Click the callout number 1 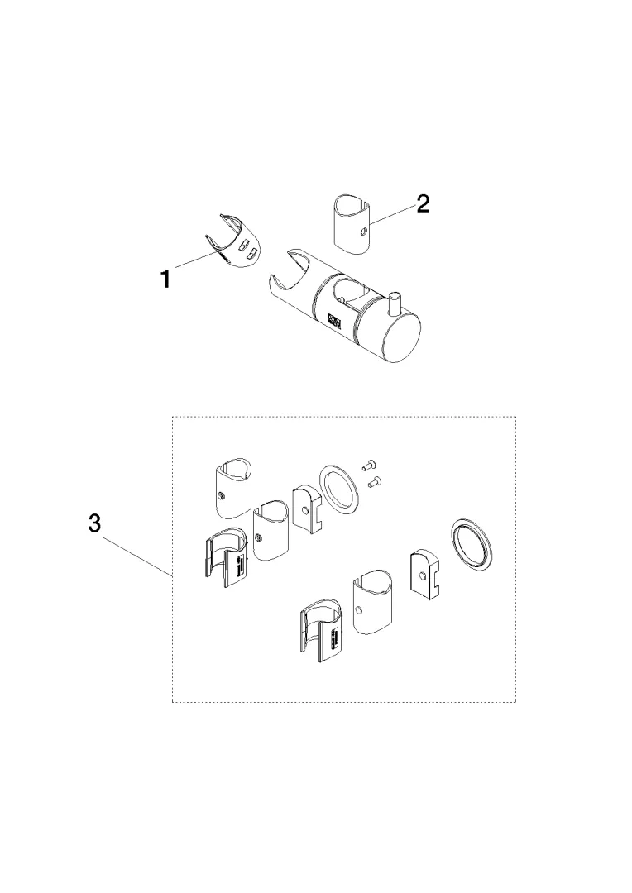click(x=165, y=279)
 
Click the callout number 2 click(x=422, y=203)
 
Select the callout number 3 click(x=94, y=523)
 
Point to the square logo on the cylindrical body click(x=334, y=322)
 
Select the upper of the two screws click(x=367, y=466)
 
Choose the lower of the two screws click(x=375, y=482)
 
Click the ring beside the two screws click(x=339, y=488)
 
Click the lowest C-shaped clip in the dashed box click(x=323, y=632)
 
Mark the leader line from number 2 click(x=393, y=214)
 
